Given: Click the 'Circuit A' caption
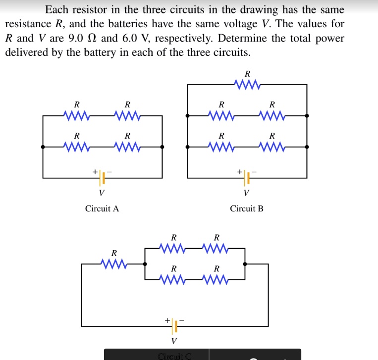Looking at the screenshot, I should point(102,208).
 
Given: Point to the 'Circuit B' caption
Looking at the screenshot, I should point(247,208).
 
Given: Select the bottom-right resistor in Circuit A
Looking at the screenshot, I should point(127,147).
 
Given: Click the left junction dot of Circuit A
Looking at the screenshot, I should point(43,147).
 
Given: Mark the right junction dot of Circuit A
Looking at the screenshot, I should point(162,147).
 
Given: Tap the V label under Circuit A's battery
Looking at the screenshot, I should point(102,192).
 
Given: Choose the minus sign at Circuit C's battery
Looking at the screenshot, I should point(182,320).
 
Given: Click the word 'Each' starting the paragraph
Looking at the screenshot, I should point(55,10).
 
